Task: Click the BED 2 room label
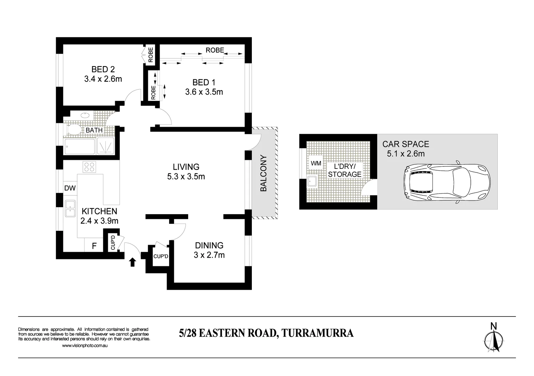(x=103, y=69)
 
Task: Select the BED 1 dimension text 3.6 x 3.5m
(x=204, y=92)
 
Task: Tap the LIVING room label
(x=186, y=167)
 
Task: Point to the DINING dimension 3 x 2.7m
(x=209, y=255)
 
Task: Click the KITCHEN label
(x=99, y=211)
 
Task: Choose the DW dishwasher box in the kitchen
(x=70, y=188)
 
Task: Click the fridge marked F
(x=94, y=246)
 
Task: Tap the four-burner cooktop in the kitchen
(x=89, y=167)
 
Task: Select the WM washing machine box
(x=316, y=163)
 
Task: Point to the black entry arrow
(x=132, y=262)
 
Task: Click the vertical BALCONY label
(x=264, y=173)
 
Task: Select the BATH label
(x=94, y=130)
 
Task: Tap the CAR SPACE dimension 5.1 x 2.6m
(x=406, y=154)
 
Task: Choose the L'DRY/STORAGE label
(x=344, y=170)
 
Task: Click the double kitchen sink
(x=70, y=208)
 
